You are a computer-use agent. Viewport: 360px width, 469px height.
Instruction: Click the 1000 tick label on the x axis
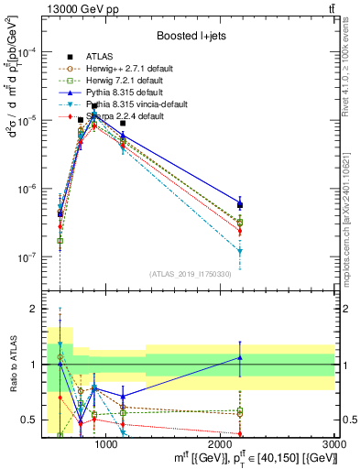pyautogui.click(x=106, y=444)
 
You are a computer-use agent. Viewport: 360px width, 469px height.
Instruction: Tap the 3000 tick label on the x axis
pyautogui.click(x=334, y=444)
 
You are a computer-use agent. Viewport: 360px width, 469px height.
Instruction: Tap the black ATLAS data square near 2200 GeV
pyautogui.click(x=240, y=205)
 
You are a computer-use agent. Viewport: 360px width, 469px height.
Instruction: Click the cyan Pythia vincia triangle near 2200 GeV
pyautogui.click(x=240, y=250)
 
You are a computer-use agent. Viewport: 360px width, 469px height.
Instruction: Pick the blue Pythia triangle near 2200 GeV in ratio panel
pyautogui.click(x=240, y=357)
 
